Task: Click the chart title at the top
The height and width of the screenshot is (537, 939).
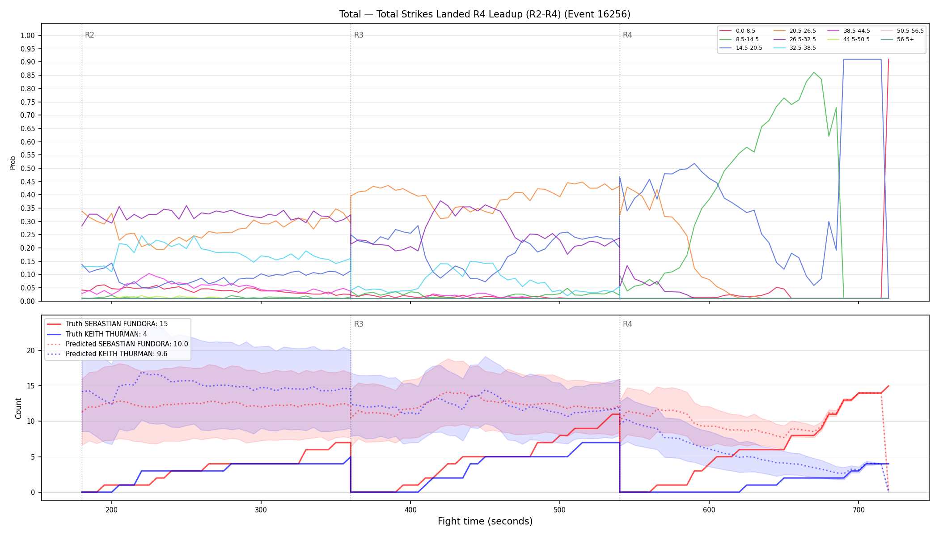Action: (485, 14)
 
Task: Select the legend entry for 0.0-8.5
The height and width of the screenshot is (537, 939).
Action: (738, 31)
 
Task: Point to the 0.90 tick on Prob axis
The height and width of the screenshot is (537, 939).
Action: (29, 62)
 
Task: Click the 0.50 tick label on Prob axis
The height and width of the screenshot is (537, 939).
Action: (29, 168)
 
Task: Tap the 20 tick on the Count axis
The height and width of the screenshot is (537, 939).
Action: (31, 350)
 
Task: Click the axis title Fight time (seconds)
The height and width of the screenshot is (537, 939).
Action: (485, 521)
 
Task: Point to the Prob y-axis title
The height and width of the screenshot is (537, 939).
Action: (13, 162)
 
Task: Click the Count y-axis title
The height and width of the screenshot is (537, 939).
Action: (18, 408)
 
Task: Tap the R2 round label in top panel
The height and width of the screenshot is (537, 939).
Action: (89, 35)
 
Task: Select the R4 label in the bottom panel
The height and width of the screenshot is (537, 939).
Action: (627, 324)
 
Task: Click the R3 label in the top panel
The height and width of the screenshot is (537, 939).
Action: (359, 35)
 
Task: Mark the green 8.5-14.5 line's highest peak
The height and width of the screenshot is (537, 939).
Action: (814, 72)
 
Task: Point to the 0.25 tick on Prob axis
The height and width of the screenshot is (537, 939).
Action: (29, 234)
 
